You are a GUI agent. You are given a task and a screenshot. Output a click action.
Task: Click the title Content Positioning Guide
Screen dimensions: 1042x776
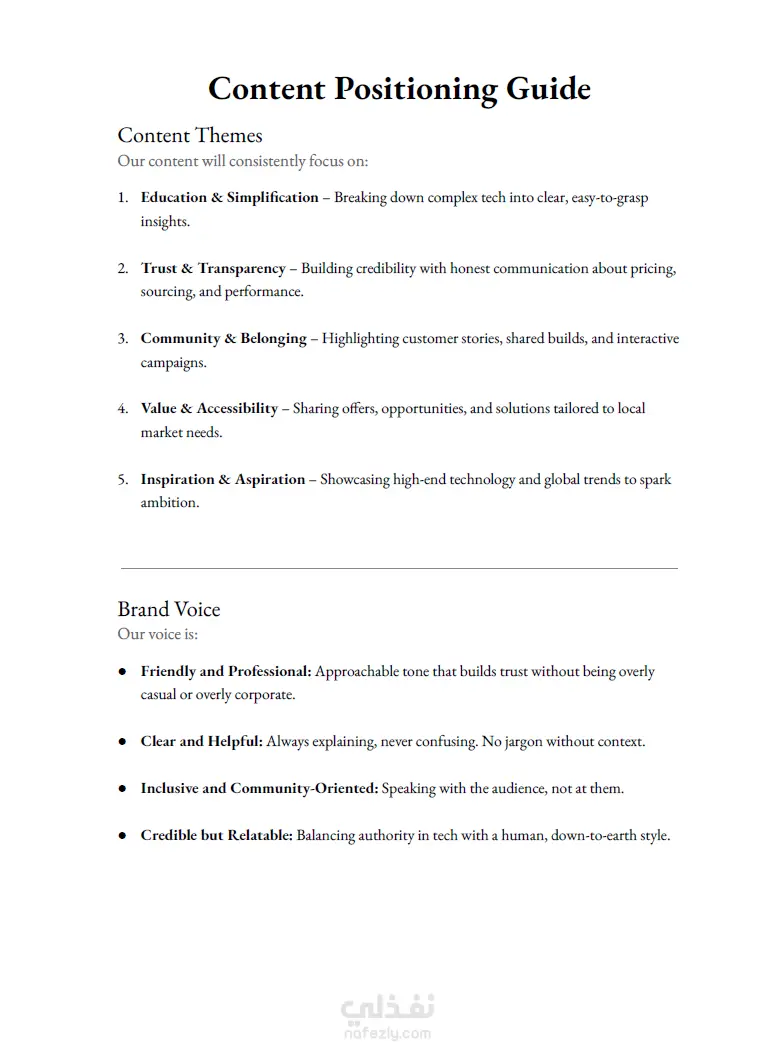pyautogui.click(x=399, y=89)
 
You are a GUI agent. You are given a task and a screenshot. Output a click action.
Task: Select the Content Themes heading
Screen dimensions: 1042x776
pyautogui.click(x=190, y=135)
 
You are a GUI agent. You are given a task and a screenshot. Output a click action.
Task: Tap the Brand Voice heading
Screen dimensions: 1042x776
pyautogui.click(x=169, y=609)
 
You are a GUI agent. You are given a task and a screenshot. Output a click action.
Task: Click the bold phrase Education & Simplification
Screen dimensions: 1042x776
pyautogui.click(x=229, y=198)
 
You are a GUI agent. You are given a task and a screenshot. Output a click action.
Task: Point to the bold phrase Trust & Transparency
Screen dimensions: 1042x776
pyautogui.click(x=213, y=268)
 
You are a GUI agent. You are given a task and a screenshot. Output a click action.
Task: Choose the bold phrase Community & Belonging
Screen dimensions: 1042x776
pyautogui.click(x=223, y=338)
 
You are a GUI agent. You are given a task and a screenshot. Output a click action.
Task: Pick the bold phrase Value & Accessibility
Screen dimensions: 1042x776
pyautogui.click(x=209, y=408)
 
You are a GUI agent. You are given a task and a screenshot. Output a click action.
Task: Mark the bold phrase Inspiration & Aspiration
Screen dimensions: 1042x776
pyautogui.click(x=222, y=479)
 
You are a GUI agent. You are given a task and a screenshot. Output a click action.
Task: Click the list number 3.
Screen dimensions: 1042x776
pyautogui.click(x=122, y=338)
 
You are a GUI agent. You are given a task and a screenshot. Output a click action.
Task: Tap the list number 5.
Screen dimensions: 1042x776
pyautogui.click(x=122, y=479)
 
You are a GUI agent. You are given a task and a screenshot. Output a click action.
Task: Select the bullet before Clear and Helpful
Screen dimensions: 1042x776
pyautogui.click(x=122, y=742)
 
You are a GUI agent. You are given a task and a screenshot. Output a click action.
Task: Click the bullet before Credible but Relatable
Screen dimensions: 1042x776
pyautogui.click(x=122, y=835)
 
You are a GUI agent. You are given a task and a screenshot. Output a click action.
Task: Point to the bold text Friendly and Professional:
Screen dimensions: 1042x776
pyautogui.click(x=226, y=671)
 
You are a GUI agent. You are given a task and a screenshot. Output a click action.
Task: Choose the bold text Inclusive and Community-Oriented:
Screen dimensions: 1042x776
pyautogui.click(x=259, y=788)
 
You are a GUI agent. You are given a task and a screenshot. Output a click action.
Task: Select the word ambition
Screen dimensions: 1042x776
pyautogui.click(x=169, y=502)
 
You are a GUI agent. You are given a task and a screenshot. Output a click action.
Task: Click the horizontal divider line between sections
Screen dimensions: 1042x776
pyautogui.click(x=399, y=568)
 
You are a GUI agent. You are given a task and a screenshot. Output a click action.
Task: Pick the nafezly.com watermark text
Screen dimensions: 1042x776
pyautogui.click(x=389, y=1033)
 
